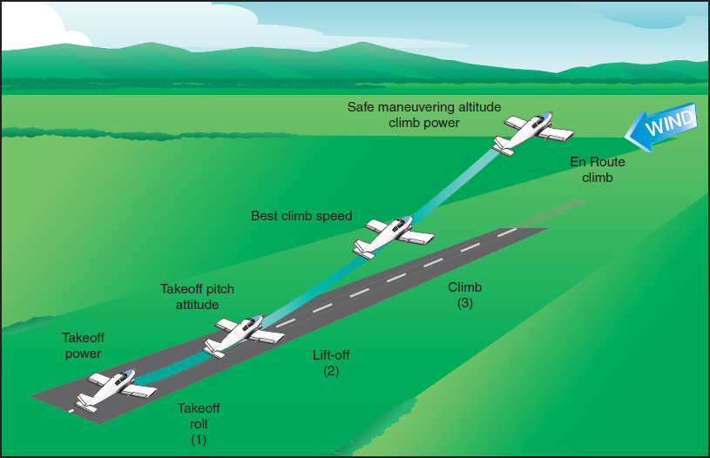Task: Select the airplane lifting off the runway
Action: point(243,334)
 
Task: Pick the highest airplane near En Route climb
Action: point(531,131)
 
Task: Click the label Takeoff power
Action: point(82,346)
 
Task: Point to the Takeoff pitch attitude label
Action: point(197,296)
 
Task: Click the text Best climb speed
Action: point(301,215)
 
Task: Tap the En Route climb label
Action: point(598,170)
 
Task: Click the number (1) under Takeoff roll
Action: point(199,439)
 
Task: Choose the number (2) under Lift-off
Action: point(331,371)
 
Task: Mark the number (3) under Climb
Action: point(464,303)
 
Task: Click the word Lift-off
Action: point(331,355)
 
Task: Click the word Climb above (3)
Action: point(464,287)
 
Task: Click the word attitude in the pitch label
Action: point(197,304)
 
